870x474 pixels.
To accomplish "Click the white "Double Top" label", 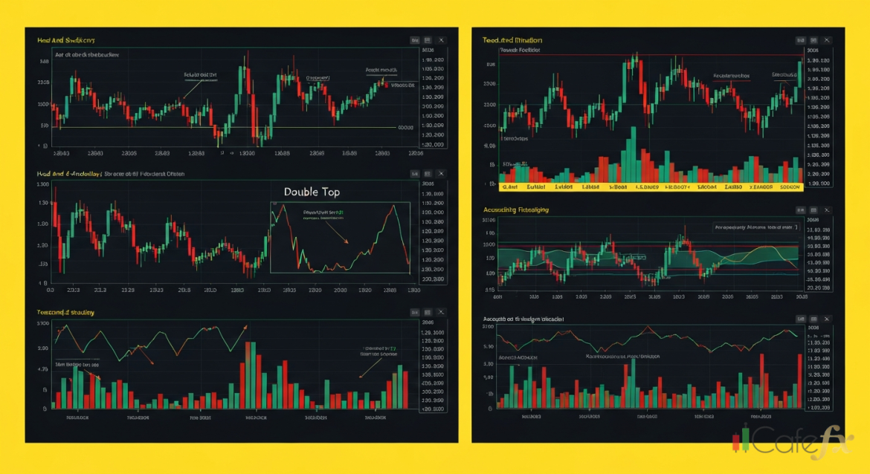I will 312,192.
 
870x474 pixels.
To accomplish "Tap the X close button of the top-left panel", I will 442,39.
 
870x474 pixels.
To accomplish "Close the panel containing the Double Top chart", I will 442,173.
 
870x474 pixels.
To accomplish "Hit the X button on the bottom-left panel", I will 442,313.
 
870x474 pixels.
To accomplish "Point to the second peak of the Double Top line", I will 393,207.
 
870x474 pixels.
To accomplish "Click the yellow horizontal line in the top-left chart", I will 223,127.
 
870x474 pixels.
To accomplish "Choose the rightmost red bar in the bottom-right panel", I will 800,380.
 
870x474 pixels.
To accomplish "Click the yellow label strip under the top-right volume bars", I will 651,187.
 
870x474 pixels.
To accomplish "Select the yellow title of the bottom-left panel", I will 65,313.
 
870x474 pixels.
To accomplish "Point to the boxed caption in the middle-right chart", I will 755,227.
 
